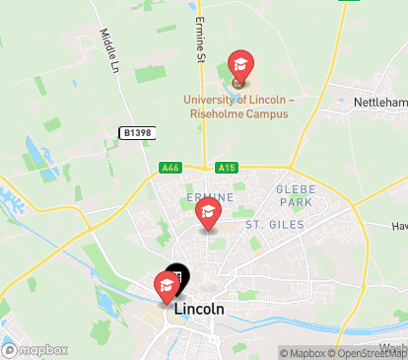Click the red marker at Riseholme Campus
(239, 67)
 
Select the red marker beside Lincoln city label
(166, 285)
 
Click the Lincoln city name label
(198, 309)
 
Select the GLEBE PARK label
(294, 195)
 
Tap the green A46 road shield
(171, 168)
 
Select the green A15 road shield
(227, 168)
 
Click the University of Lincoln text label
(234, 100)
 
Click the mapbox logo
(35, 349)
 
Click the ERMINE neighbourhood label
(201, 197)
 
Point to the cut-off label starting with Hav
(398, 226)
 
